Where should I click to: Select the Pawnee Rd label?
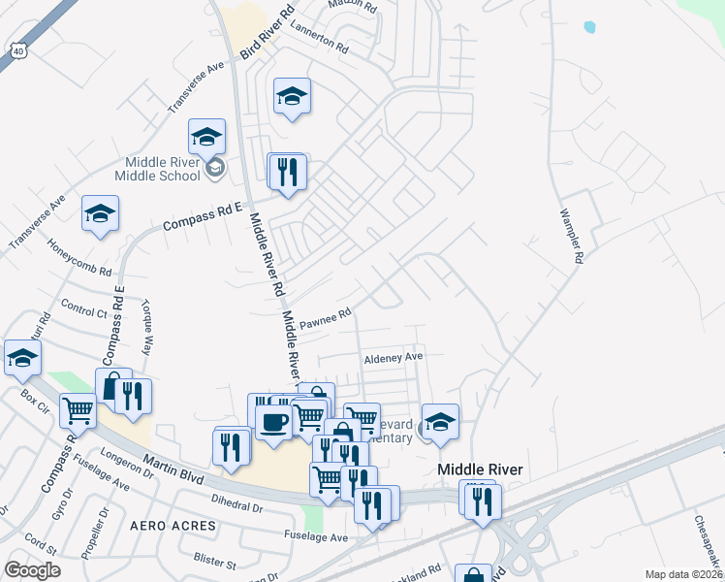324,319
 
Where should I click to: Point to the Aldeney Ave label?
394,357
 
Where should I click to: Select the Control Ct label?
83,312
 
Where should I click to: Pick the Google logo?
32,570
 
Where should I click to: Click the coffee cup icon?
275,424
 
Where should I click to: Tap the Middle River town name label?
480,469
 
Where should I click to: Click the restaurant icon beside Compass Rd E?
288,172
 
